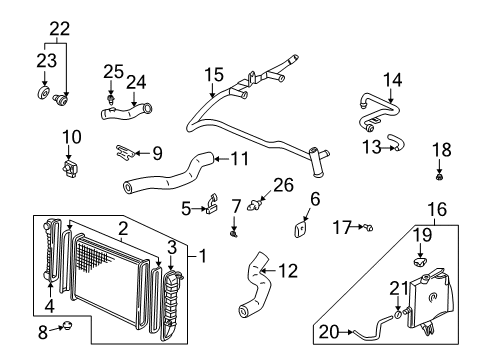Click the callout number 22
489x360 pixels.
[x=61, y=29]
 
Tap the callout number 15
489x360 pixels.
[x=215, y=74]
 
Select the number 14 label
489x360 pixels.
[x=392, y=78]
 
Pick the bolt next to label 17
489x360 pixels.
[x=367, y=229]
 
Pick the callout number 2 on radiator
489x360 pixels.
[x=121, y=228]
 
